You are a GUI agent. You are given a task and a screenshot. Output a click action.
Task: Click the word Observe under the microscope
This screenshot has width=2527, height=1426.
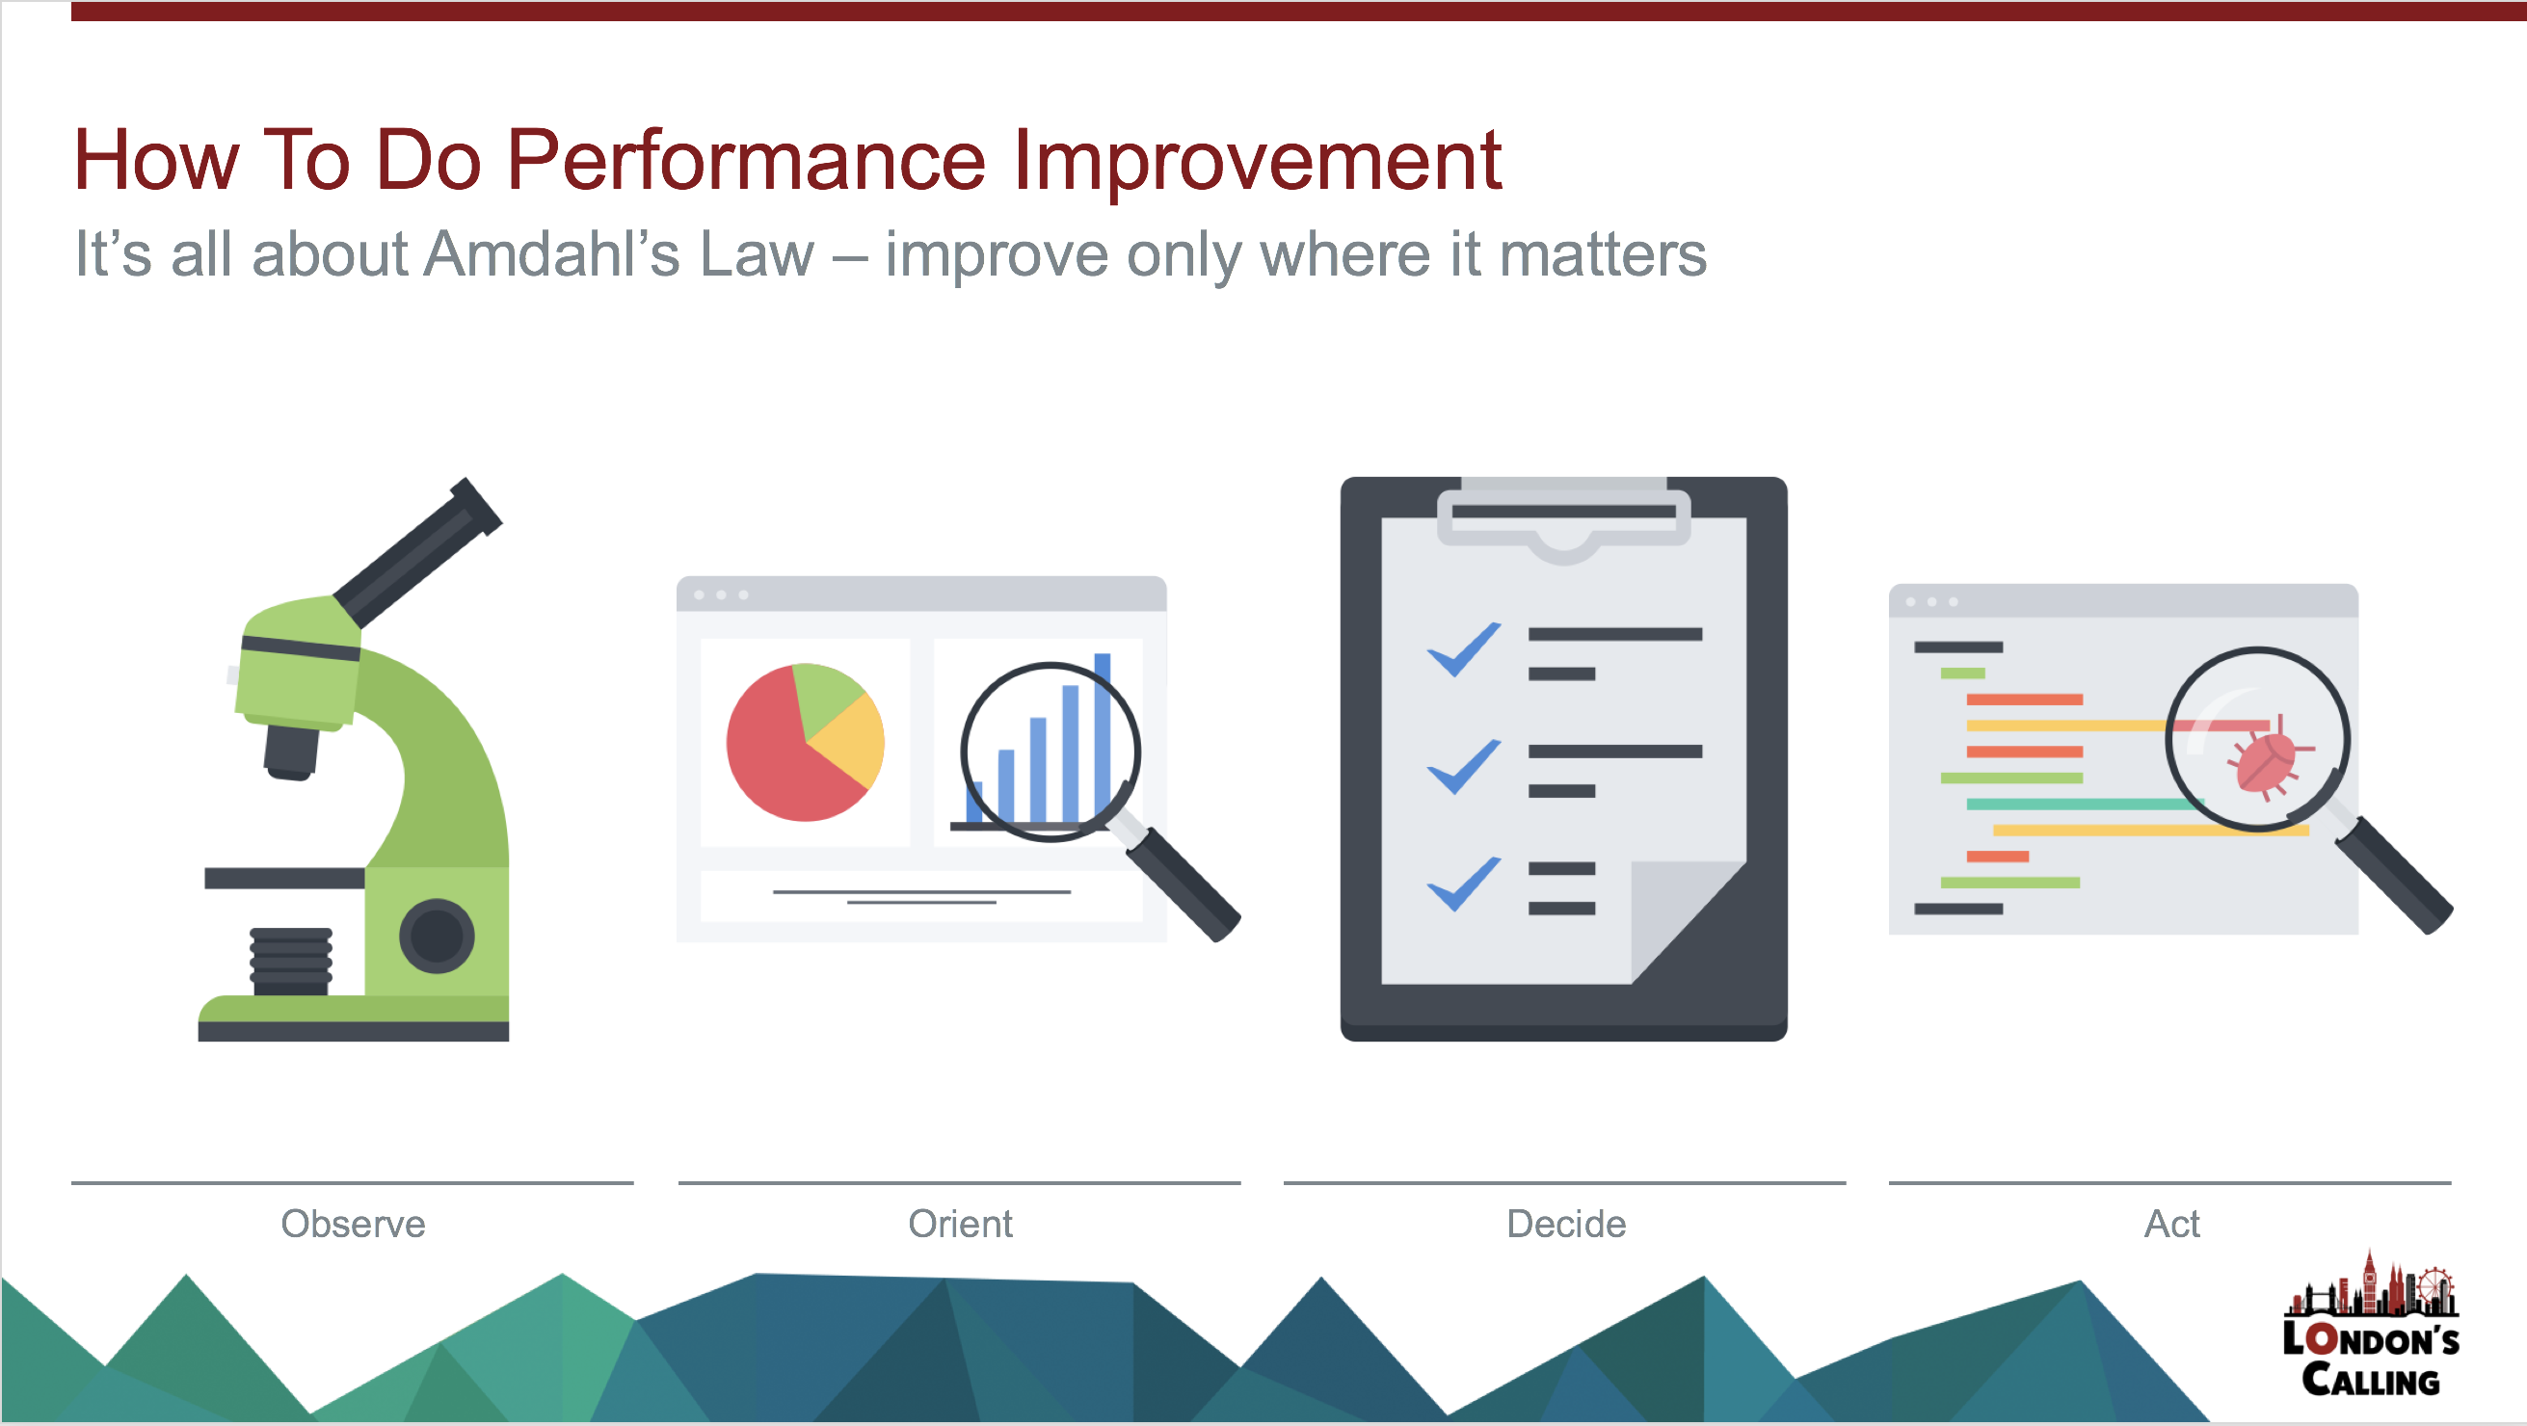click(x=353, y=1224)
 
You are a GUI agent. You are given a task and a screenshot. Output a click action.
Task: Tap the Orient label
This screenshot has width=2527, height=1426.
click(x=960, y=1224)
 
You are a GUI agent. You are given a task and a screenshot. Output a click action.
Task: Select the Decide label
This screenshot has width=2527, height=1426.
click(x=1567, y=1224)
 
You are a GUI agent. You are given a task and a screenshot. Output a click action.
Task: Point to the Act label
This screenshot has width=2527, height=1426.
click(x=2172, y=1224)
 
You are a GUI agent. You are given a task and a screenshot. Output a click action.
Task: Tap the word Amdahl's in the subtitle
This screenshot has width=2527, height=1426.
click(x=551, y=254)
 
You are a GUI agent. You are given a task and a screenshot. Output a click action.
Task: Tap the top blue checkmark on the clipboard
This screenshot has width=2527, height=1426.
click(x=1464, y=649)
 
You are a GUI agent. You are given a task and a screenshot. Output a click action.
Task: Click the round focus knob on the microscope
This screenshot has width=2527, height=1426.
click(x=437, y=936)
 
